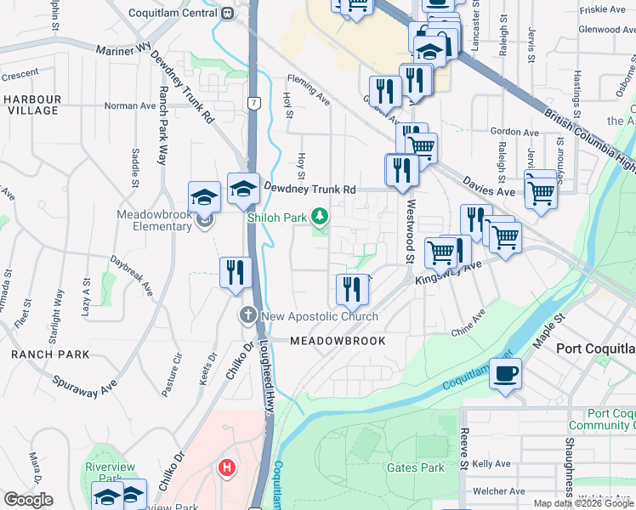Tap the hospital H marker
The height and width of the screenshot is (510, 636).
[227, 467]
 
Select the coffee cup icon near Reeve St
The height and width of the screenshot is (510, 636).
[505, 374]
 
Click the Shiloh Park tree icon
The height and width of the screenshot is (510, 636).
[320, 218]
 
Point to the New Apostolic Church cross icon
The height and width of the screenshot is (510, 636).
[248, 316]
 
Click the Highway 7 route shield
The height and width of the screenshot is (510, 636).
[253, 103]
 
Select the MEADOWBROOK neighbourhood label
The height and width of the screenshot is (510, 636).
[338, 341]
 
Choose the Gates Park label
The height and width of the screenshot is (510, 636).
[415, 467]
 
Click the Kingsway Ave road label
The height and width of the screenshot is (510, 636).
[448, 272]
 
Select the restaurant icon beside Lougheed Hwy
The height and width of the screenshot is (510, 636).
[234, 272]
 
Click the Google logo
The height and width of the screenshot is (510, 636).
[28, 500]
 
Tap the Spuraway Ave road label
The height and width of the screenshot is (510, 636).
[84, 385]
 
